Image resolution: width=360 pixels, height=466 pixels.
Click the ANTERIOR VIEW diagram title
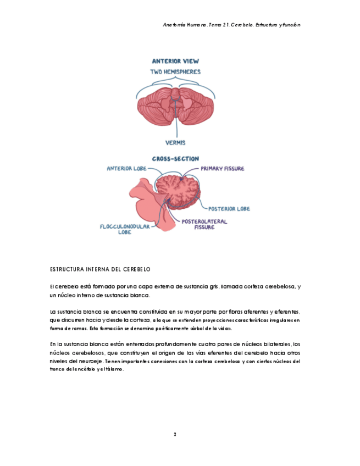tap(175, 61)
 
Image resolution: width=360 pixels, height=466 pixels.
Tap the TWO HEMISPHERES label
tap(175, 71)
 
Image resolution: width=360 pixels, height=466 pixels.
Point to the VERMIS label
tap(176, 143)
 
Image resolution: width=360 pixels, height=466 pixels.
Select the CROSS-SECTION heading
tap(175, 159)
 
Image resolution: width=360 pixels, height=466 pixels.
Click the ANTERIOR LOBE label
tap(126, 169)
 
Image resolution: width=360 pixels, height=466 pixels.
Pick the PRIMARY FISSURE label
tap(223, 169)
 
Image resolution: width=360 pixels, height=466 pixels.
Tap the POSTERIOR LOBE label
tap(229, 209)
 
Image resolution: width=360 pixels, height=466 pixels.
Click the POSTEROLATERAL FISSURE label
tap(204, 224)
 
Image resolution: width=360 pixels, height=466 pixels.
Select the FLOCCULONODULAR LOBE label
tap(125, 229)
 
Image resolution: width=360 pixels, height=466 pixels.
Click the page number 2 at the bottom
tap(175, 434)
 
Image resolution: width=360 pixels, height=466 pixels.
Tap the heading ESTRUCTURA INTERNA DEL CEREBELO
tap(100, 270)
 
